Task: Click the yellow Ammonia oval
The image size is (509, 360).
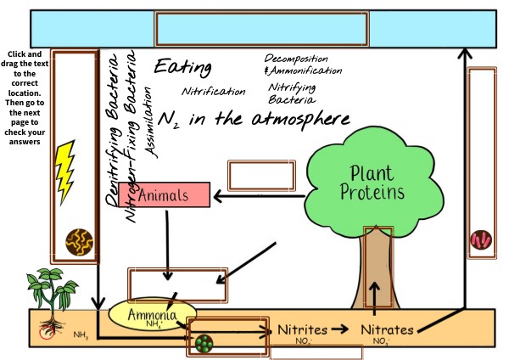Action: (x=152, y=316)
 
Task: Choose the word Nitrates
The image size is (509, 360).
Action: (x=388, y=329)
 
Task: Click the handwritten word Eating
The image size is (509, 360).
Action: (x=183, y=68)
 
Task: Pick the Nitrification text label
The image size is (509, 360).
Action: (x=214, y=92)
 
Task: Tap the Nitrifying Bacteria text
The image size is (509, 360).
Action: (x=294, y=93)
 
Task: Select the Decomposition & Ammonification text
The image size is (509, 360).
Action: (x=303, y=64)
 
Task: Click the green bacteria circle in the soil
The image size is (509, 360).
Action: (x=204, y=343)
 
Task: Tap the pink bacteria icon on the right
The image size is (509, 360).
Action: (x=480, y=239)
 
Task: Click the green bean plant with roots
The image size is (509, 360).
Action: (x=47, y=297)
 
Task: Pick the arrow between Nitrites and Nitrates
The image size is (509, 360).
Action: (x=339, y=329)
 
